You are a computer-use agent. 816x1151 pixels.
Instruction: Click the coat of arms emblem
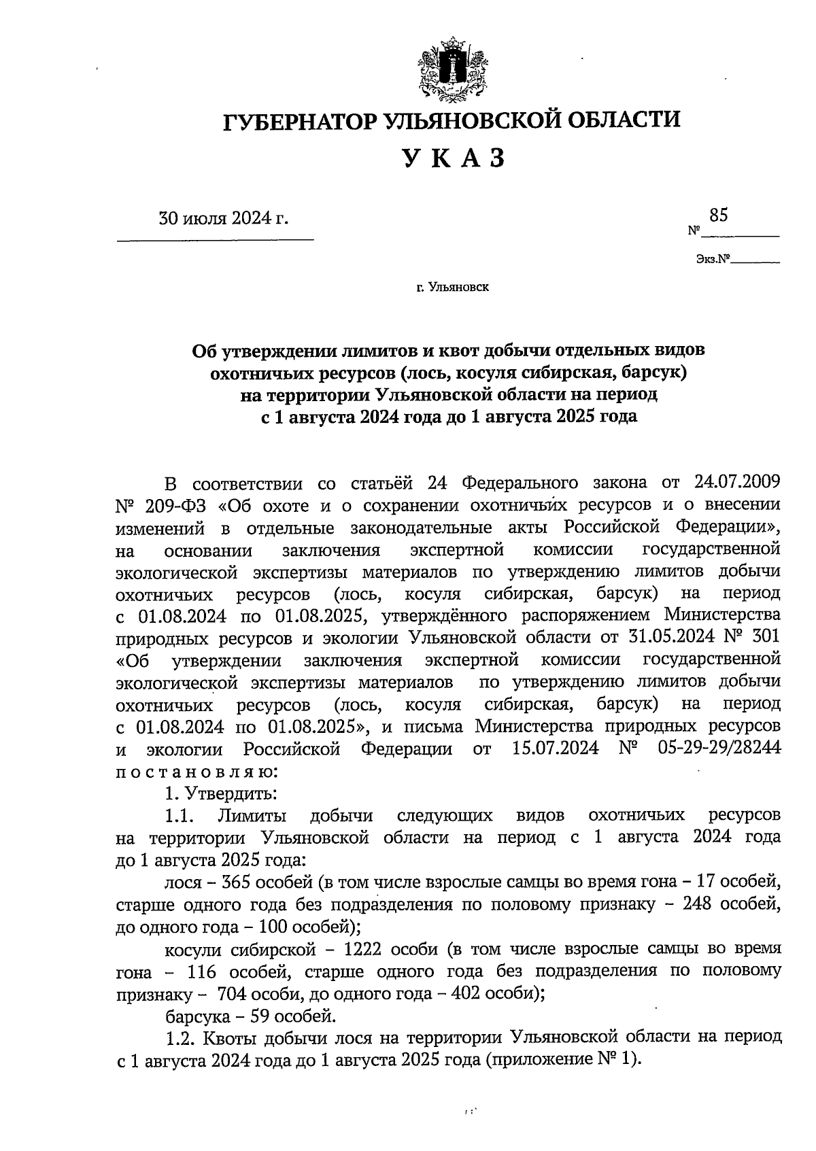click(452, 70)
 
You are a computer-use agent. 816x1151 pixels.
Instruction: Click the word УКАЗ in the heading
click(453, 158)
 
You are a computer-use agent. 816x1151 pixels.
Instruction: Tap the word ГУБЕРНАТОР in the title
click(301, 120)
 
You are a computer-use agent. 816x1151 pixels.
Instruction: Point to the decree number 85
click(718, 216)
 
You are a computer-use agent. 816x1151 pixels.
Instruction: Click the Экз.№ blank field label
click(712, 259)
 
